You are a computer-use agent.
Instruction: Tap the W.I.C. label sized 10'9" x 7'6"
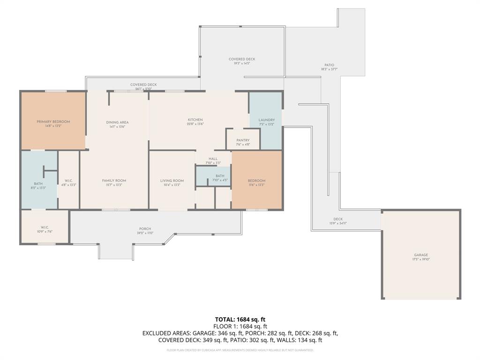(x=45, y=229)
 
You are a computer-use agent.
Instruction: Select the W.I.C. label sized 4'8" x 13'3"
(x=68, y=182)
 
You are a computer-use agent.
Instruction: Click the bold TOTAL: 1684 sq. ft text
(x=240, y=319)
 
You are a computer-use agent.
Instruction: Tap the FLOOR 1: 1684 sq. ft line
(x=240, y=326)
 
